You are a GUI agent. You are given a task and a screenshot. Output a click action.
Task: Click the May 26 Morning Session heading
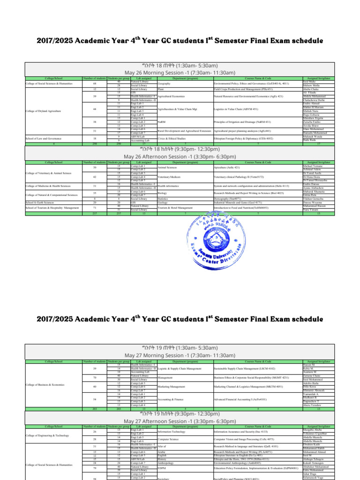click(x=180, y=73)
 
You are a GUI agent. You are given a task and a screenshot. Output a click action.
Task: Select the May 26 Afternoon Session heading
click(x=180, y=156)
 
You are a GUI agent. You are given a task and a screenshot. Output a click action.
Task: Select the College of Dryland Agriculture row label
click(x=44, y=111)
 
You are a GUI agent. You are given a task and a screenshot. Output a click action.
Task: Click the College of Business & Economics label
click(x=45, y=384)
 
